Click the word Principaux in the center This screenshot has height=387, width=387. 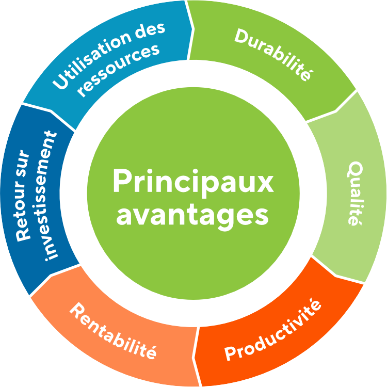point(193,183)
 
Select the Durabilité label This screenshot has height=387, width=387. point(273,54)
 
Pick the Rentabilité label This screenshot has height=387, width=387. point(113,331)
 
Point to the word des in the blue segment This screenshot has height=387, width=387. point(151,31)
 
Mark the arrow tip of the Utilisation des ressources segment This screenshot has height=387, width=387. point(193,29)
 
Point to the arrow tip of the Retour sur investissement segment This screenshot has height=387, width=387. point(51,110)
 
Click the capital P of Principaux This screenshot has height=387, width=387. point(121,181)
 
